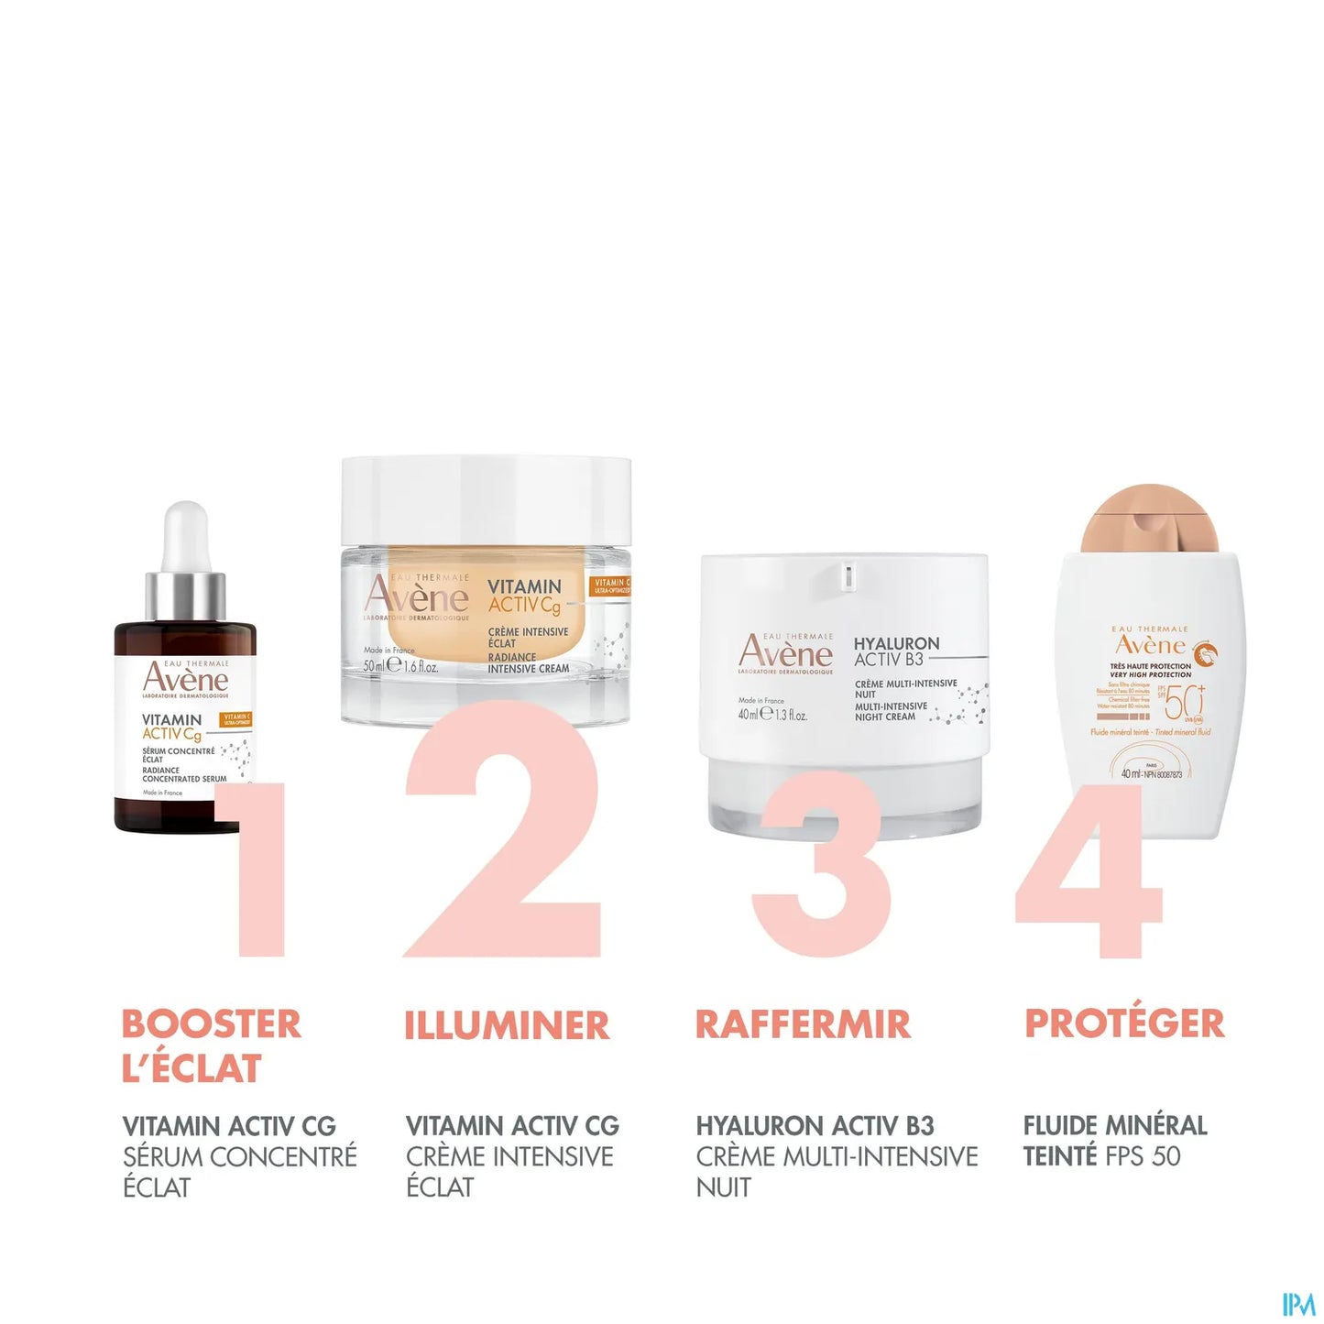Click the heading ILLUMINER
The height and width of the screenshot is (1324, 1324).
[507, 1025]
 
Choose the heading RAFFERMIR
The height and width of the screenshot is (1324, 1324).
[803, 1024]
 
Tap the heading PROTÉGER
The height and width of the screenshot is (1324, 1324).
[1124, 1023]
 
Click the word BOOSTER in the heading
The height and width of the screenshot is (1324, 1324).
[211, 1024]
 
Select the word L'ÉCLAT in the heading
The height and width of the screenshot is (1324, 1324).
[192, 1068]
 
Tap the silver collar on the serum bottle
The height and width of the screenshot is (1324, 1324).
[186, 596]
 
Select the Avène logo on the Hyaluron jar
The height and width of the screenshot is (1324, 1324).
[785, 651]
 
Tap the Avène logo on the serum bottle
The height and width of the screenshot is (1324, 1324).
[186, 679]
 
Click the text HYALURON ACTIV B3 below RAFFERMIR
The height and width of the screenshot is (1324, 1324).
[815, 1126]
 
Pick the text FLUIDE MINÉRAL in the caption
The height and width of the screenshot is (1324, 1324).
[1115, 1126]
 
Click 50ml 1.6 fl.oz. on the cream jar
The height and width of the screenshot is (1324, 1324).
[400, 666]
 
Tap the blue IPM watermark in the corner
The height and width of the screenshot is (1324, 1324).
[1298, 1304]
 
